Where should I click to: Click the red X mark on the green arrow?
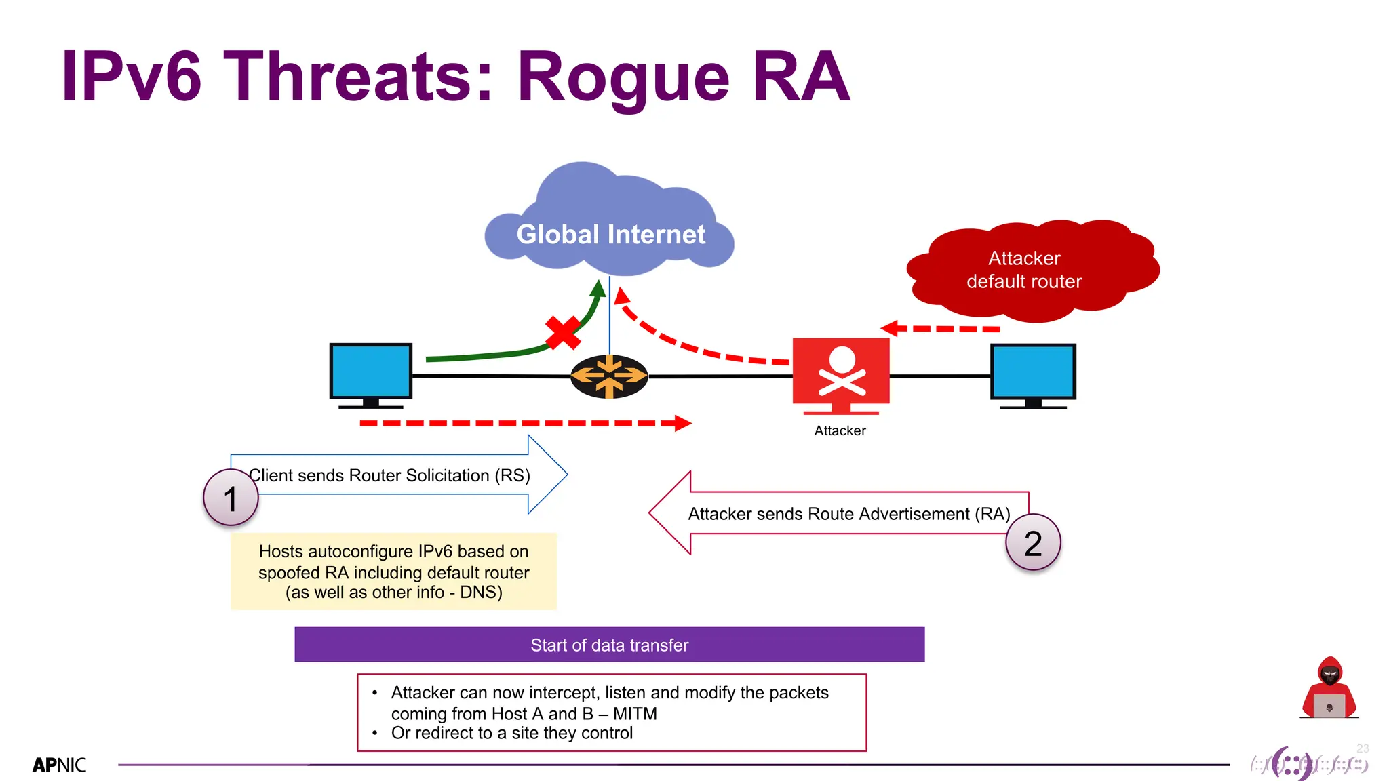(x=562, y=332)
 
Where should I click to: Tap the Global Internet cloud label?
(x=610, y=235)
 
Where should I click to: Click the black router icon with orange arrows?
(x=608, y=376)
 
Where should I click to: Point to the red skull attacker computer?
(x=841, y=374)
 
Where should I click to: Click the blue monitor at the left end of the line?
(x=370, y=372)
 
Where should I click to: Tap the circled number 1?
(x=231, y=498)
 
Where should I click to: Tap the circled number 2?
(x=1032, y=543)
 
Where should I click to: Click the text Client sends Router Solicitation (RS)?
(x=389, y=475)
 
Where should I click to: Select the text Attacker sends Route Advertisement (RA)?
(x=848, y=514)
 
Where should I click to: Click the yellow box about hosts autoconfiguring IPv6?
(x=393, y=572)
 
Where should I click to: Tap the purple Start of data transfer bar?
(x=609, y=645)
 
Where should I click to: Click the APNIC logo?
(x=60, y=765)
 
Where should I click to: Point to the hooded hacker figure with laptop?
(x=1329, y=687)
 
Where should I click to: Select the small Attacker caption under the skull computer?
(x=840, y=430)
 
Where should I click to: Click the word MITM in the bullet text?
(x=635, y=713)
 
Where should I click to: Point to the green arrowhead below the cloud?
(x=598, y=289)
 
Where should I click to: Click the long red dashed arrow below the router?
(x=522, y=423)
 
